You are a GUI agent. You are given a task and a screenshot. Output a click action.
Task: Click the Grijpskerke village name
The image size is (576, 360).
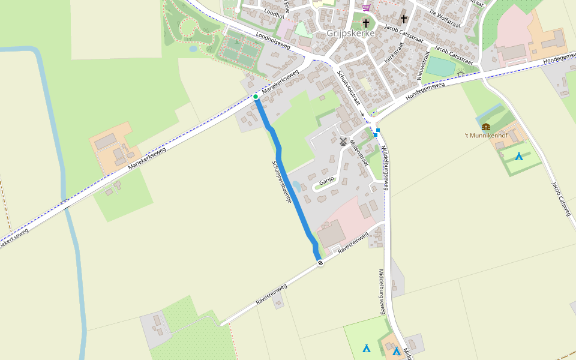click(x=351, y=34)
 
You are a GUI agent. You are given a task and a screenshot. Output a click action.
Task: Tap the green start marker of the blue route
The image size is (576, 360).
click(x=256, y=97)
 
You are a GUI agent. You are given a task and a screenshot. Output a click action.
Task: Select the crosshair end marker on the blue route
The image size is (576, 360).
click(x=320, y=262)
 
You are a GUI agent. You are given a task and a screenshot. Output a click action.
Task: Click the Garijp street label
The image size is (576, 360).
click(x=326, y=181)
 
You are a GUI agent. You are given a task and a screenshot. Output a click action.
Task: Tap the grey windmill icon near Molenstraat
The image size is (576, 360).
click(x=343, y=142)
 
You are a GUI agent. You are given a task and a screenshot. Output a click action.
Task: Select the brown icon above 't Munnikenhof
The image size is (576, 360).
click(x=486, y=127)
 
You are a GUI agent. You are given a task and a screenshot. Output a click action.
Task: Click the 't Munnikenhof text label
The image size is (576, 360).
click(x=487, y=136)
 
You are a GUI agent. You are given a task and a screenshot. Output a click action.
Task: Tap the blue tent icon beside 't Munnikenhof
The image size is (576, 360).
click(x=518, y=157)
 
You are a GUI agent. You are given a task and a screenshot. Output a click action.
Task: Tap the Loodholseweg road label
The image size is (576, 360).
click(x=272, y=41)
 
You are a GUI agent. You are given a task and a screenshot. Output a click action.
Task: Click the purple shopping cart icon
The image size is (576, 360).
click(x=366, y=8)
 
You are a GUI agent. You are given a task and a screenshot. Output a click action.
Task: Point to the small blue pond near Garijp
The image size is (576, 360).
click(x=297, y=187)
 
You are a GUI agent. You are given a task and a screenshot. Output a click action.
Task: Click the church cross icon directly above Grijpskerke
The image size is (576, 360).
click(x=365, y=23)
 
